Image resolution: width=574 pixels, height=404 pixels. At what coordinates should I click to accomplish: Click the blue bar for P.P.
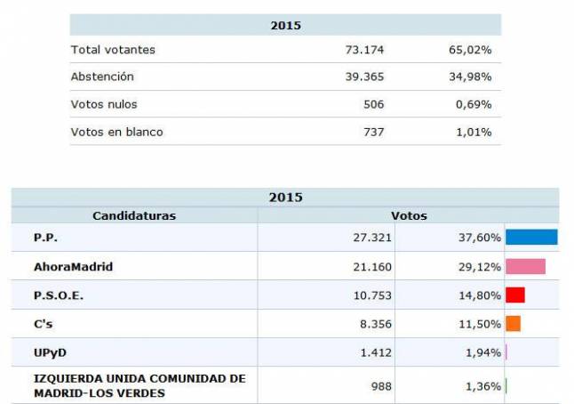[x=530, y=237]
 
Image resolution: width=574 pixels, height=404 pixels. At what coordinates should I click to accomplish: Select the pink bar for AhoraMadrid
[x=525, y=266]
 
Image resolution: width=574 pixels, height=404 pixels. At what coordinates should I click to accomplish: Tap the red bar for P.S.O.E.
[x=514, y=295]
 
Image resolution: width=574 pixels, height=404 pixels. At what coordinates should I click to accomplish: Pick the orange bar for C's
[x=513, y=324]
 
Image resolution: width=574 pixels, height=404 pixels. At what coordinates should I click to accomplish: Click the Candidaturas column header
[x=134, y=215]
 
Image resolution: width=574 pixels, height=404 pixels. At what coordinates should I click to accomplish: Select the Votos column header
[x=409, y=215]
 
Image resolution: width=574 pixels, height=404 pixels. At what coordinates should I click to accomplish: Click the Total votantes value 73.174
[x=365, y=50]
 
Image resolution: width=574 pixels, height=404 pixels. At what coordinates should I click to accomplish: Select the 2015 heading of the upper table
[x=285, y=26]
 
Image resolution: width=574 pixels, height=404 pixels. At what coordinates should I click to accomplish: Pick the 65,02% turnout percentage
[x=470, y=50]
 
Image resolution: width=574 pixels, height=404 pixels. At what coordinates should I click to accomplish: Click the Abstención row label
[x=103, y=77]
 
